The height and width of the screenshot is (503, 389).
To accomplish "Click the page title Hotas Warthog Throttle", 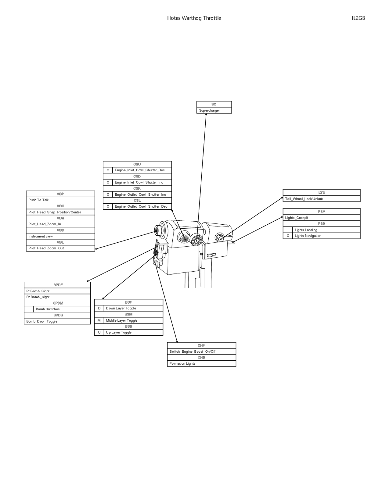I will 194,18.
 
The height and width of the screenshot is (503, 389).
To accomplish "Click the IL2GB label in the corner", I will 358,18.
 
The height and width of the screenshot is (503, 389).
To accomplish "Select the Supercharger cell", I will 214,110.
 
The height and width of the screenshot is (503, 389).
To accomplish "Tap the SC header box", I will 214,104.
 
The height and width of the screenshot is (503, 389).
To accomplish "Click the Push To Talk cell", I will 60,200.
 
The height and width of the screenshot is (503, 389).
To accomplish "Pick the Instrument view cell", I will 60,236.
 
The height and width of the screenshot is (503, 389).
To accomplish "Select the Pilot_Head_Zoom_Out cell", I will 60,248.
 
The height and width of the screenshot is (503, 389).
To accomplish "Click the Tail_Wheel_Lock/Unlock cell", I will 321,199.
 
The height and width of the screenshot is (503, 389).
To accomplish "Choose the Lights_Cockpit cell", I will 321,218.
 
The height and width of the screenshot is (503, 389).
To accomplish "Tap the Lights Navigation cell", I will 326,236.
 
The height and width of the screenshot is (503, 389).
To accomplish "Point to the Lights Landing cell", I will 326,230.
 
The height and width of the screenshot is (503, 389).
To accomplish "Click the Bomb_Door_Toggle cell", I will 57,321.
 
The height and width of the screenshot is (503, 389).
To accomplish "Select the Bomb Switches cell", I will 62,309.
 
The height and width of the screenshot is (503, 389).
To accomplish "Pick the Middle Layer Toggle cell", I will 133,320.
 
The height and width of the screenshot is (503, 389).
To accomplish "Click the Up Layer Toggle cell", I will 133,332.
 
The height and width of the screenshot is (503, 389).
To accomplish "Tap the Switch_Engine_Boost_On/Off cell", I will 201,351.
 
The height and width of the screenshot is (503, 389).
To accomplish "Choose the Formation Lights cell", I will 201,363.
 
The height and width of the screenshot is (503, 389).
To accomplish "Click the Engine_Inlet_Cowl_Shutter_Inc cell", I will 142,182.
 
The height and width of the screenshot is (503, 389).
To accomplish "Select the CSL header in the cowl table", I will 137,200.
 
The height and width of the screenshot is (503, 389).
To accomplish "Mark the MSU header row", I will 60,206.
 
